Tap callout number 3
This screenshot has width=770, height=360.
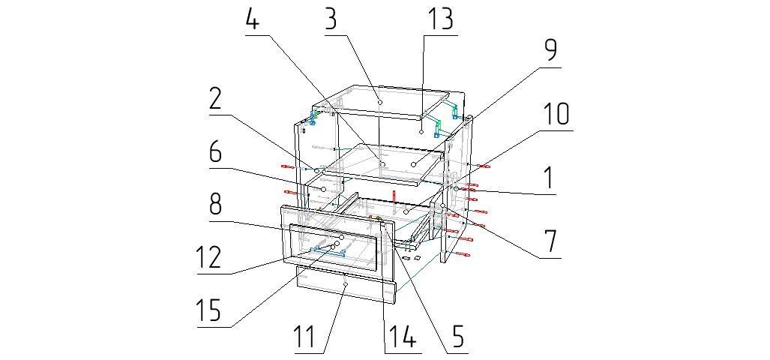330,19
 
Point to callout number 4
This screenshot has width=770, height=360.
253,20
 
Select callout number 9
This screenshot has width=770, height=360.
551,51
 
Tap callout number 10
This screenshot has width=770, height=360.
556,115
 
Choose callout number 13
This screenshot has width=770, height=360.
441,19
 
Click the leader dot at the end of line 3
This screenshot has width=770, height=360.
380,101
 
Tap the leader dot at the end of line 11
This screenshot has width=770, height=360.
345,285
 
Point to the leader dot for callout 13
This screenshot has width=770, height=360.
422,132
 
